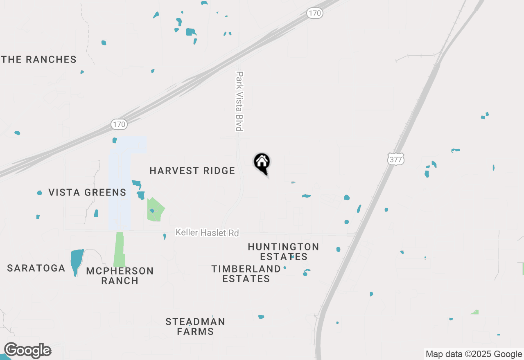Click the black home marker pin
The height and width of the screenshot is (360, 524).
[x=262, y=163]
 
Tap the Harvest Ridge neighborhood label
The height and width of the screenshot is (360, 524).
[x=192, y=171]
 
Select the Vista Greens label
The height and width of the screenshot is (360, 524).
[x=87, y=192]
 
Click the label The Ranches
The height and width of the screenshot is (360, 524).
[x=39, y=60]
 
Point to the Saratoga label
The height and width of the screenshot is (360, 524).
[x=36, y=268]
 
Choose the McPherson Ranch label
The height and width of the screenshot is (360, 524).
[x=120, y=276]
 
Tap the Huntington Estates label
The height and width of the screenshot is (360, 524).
[x=283, y=252]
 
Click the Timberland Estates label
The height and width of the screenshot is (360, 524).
[x=246, y=274]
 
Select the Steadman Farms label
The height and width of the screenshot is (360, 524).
[x=195, y=326]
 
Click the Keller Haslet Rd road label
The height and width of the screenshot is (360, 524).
[x=207, y=233]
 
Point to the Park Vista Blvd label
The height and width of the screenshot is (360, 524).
[x=239, y=101]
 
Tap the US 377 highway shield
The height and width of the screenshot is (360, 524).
[x=396, y=159]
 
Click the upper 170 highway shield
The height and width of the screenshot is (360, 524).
[x=315, y=13]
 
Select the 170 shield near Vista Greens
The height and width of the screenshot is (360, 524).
[x=119, y=124]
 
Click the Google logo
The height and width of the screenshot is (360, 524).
[x=28, y=351]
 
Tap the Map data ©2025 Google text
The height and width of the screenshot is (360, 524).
[x=474, y=354]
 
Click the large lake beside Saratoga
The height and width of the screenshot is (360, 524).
[x=76, y=261]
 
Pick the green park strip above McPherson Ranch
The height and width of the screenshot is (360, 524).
[x=119, y=250]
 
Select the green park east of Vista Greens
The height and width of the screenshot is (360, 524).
[x=156, y=210]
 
